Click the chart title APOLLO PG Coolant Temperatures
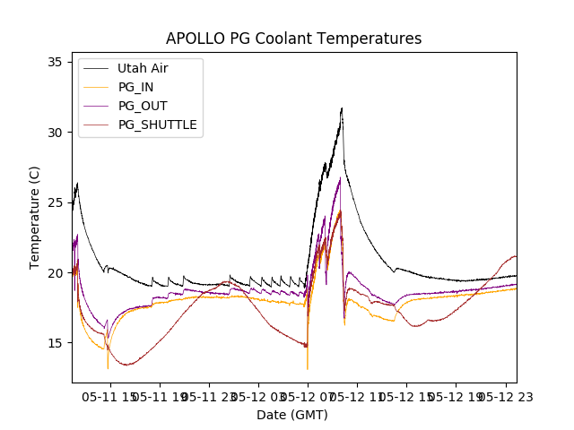tap(293, 39)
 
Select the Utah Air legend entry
tap(142, 68)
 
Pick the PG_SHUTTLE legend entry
tap(157, 125)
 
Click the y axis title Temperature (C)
tap(35, 217)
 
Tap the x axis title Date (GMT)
tap(292, 415)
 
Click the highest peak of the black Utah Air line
tap(342, 108)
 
